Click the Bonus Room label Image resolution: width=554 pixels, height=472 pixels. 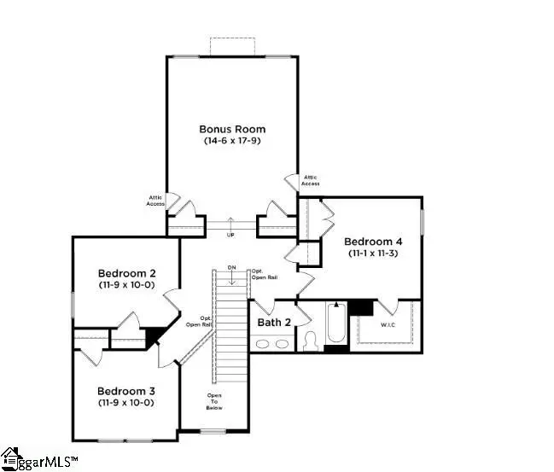coord(231,129)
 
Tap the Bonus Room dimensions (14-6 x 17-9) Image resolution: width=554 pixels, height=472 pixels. coord(231,140)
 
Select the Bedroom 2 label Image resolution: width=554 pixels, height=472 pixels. coord(125,273)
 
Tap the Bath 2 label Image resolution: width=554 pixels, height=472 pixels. coord(275,323)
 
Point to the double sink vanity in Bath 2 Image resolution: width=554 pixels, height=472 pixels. coord(272,344)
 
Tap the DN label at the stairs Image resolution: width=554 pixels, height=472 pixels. coord(231,268)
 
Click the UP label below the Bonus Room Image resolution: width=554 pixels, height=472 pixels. coord(230,235)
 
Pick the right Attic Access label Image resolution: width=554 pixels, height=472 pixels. coord(311,180)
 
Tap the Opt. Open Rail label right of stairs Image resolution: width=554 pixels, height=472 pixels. coord(263,273)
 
